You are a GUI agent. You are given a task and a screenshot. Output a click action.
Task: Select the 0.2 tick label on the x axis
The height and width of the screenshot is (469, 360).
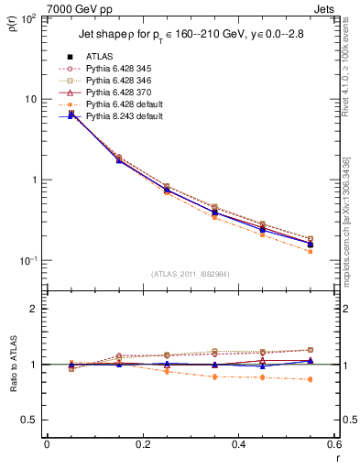pyautogui.click(x=142, y=443)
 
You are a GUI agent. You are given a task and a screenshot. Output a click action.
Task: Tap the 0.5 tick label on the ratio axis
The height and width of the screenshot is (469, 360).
pyautogui.click(x=28, y=420)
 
